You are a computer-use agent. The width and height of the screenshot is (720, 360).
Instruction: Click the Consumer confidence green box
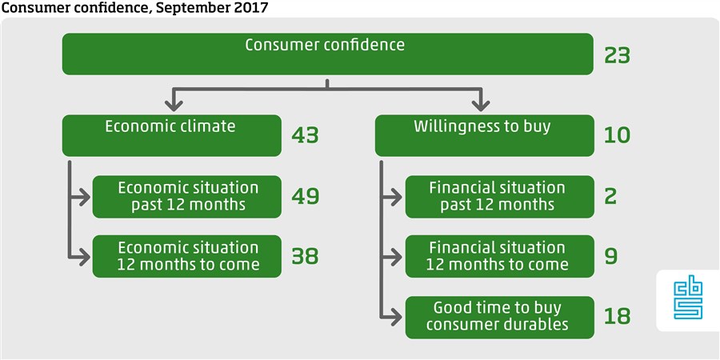click(x=327, y=54)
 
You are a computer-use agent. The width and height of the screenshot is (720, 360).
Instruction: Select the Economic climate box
click(x=172, y=135)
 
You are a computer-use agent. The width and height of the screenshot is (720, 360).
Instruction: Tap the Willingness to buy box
click(x=484, y=135)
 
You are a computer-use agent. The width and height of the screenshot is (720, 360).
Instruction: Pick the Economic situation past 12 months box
click(x=187, y=197)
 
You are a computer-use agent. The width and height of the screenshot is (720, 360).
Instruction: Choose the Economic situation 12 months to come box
click(x=187, y=256)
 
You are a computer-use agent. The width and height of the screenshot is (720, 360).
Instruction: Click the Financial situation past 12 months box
click(x=499, y=197)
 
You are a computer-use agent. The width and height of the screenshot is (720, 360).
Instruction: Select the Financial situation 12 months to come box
click(x=499, y=256)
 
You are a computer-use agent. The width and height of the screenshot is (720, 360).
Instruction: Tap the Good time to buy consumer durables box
click(x=499, y=318)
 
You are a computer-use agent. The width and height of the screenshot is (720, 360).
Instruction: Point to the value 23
click(x=617, y=56)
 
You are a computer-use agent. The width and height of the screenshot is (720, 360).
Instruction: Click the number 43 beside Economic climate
click(x=305, y=135)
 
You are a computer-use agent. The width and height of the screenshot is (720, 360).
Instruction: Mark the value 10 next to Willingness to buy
click(x=618, y=135)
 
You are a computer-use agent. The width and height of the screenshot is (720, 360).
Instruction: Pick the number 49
click(x=305, y=197)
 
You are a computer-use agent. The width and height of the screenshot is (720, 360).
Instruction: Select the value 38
click(x=305, y=256)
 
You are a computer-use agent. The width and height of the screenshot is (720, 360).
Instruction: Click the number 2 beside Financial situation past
click(x=610, y=197)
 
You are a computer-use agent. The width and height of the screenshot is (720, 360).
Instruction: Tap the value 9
click(x=610, y=256)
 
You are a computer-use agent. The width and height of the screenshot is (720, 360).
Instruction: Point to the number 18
click(x=618, y=317)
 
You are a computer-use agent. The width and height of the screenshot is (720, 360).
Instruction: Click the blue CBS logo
click(x=688, y=300)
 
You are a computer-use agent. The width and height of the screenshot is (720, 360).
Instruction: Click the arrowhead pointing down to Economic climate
click(x=174, y=105)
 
